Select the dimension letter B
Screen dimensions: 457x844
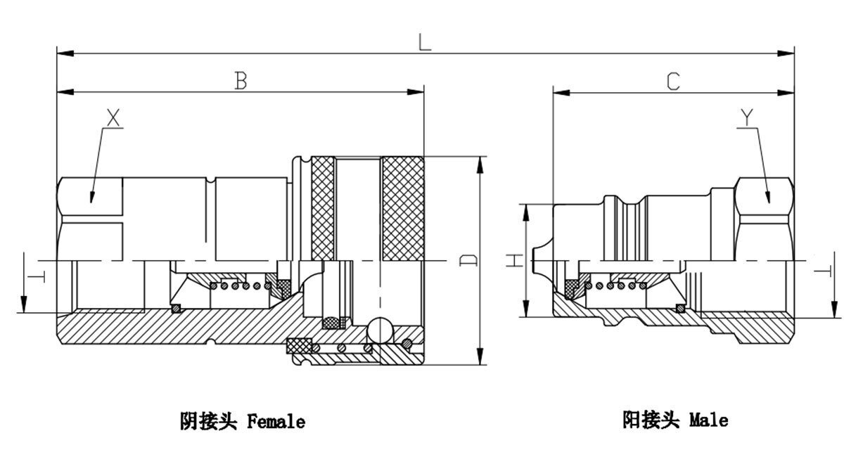click(x=240, y=81)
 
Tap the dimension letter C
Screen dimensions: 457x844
click(x=673, y=82)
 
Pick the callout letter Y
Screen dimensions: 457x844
click(x=748, y=119)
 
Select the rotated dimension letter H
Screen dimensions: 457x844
click(x=516, y=261)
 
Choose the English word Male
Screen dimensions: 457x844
click(x=708, y=421)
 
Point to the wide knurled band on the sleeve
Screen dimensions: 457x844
click(x=402, y=208)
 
